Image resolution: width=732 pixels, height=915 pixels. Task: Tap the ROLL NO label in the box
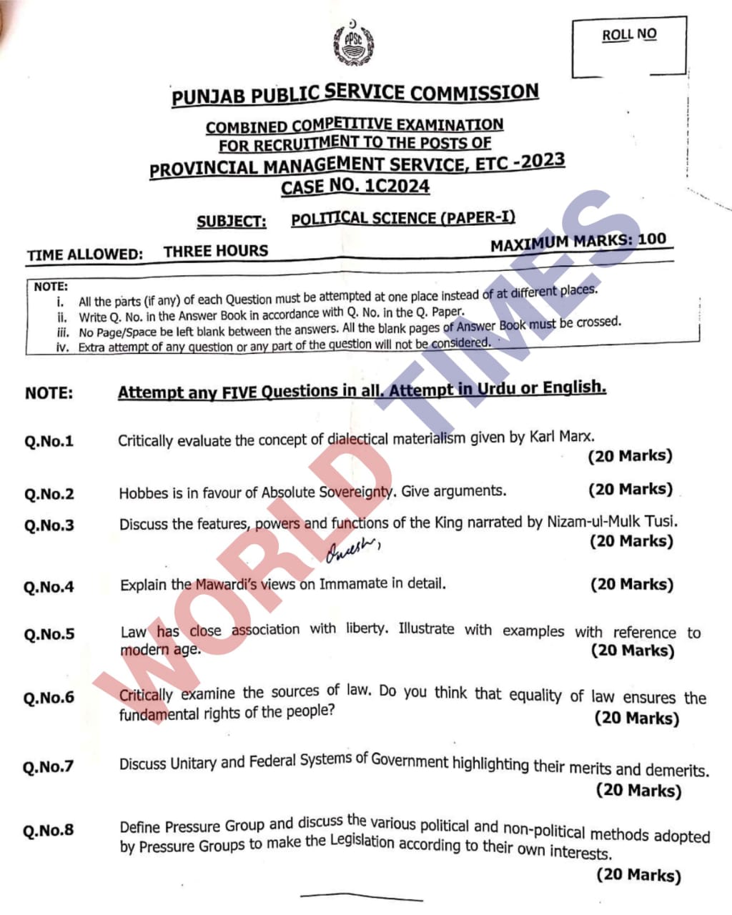628,34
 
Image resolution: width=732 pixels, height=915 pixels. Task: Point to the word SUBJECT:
232,221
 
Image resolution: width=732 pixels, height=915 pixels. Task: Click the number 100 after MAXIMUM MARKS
651,239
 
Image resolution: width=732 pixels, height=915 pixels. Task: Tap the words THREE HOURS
215,251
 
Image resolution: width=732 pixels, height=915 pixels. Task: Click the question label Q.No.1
49,441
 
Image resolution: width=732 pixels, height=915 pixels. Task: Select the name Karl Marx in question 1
562,435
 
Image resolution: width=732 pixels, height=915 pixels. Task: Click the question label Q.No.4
49,587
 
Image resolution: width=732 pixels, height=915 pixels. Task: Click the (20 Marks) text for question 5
633,650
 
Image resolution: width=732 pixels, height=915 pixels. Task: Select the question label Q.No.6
49,698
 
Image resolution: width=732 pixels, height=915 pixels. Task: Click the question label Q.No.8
48,830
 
